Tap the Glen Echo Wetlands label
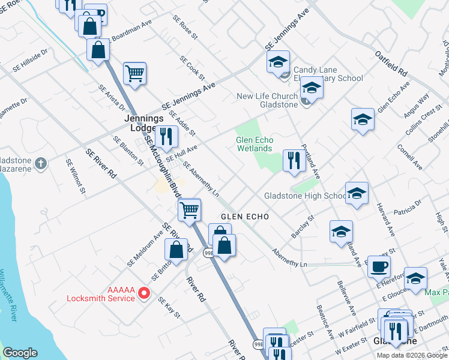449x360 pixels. click(254, 144)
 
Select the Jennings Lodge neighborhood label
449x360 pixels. click(144, 123)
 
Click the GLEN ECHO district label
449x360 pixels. click(244, 216)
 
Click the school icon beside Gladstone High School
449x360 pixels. click(357, 193)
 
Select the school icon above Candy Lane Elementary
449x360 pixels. click(279, 62)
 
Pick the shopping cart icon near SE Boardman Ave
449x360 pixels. click(135, 74)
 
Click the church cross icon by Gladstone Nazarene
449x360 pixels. click(40, 163)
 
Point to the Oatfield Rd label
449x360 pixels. click(391, 62)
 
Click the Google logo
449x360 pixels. click(20, 353)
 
